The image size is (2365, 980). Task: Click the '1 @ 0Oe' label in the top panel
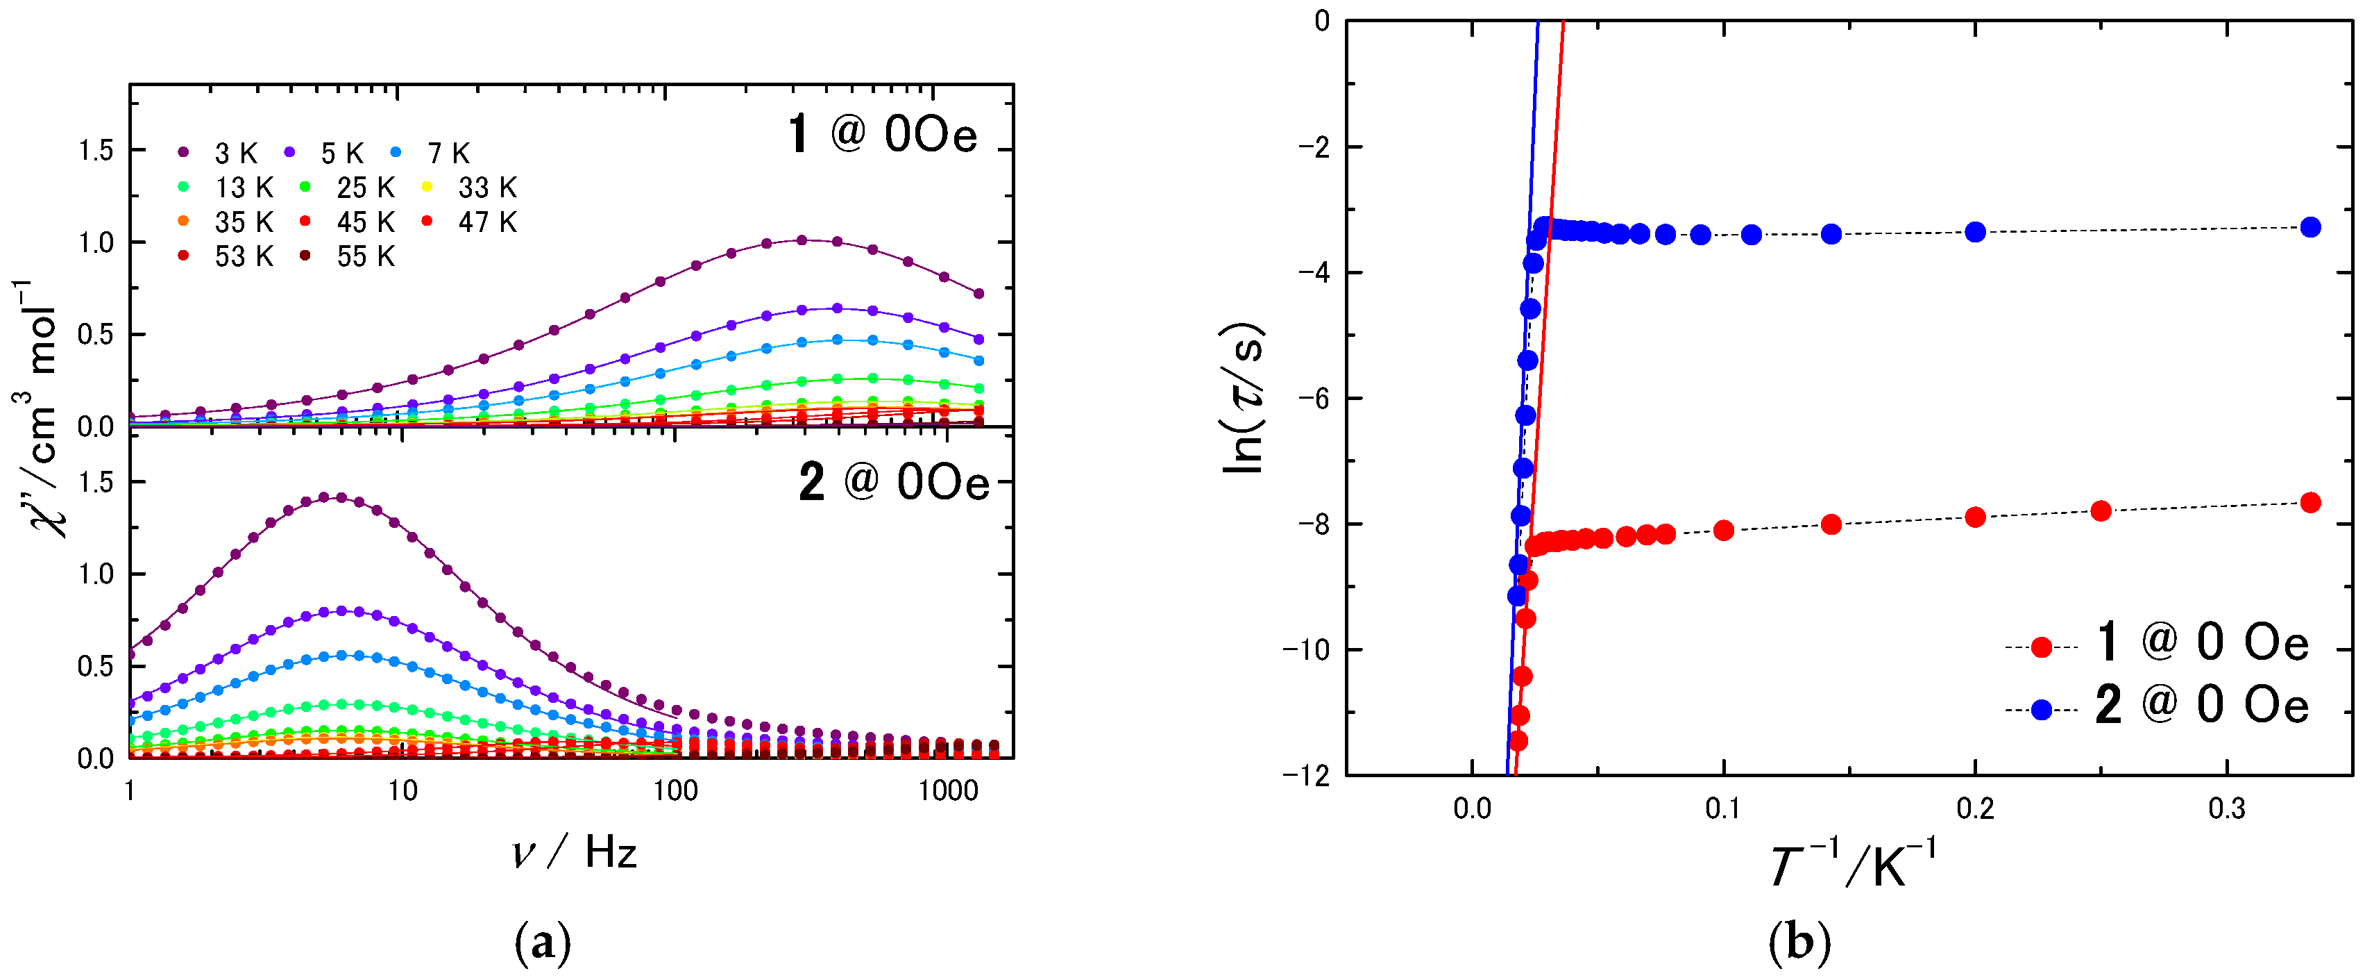[x=882, y=135]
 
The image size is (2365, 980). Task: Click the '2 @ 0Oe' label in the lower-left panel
[x=893, y=481]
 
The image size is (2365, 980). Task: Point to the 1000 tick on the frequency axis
[x=947, y=791]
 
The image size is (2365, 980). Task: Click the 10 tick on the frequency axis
[x=402, y=791]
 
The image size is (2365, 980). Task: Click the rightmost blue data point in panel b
[x=2311, y=227]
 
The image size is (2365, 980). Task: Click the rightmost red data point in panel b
[x=2311, y=502]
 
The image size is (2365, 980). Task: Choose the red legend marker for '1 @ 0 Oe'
[x=2040, y=647]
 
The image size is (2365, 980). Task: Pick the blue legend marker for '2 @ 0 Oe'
[x=2040, y=710]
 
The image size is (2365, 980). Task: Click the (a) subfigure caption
[x=543, y=943]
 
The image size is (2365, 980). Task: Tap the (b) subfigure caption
[x=1799, y=943]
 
